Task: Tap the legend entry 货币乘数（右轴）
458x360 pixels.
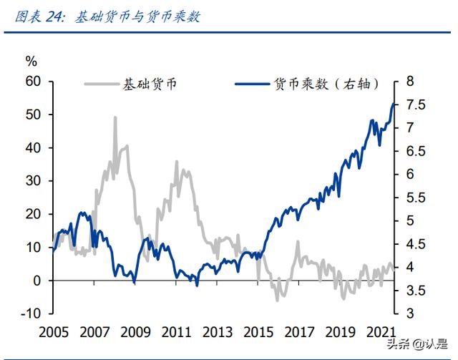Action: (x=325, y=84)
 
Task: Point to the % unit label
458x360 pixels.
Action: (x=30, y=62)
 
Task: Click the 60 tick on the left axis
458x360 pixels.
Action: (x=34, y=81)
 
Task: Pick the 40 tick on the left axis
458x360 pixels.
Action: (x=34, y=147)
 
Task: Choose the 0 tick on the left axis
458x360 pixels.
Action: (x=37, y=281)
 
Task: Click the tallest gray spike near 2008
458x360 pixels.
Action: (x=114, y=117)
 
